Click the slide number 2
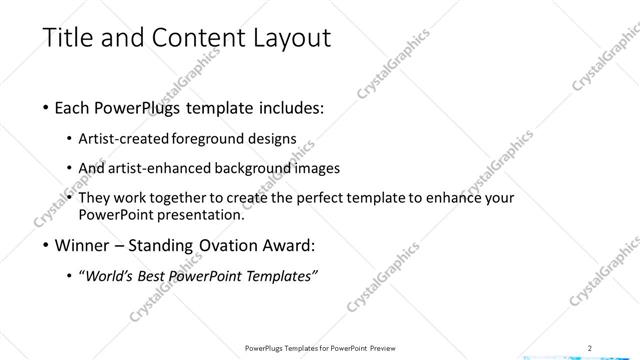click(x=590, y=347)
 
